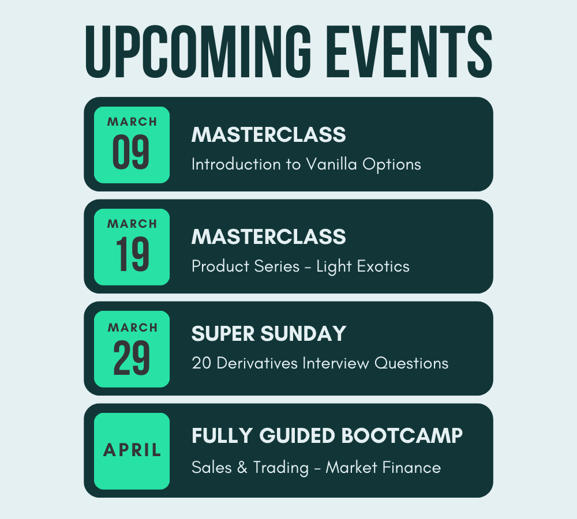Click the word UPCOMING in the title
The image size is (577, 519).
pos(198,51)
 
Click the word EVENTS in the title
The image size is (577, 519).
pos(409,51)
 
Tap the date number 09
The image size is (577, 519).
pos(131,152)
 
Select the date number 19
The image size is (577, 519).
pos(132,254)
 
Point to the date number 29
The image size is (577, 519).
pos(132,358)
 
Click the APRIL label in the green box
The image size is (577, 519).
pos(132,450)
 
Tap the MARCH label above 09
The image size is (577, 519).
pos(132,122)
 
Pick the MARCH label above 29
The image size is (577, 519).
pos(133,328)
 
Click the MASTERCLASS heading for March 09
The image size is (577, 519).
pos(269,134)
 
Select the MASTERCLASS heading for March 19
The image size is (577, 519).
pos(269,236)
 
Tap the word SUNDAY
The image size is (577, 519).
pos(304,334)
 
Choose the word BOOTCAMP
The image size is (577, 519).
pos(402,436)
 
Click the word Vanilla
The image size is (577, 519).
pos(332,164)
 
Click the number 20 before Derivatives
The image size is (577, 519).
pos(201,363)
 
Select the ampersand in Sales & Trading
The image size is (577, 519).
pos(242,468)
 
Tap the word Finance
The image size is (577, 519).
pos(411,468)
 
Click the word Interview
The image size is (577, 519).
pos(336,363)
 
